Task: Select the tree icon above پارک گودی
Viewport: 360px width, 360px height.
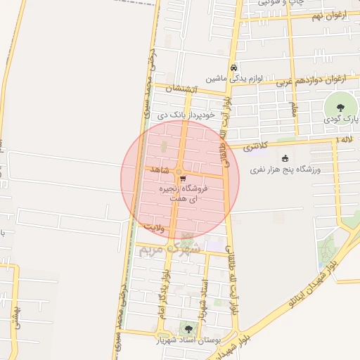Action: tap(341, 108)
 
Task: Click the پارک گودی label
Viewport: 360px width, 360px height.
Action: tap(341, 120)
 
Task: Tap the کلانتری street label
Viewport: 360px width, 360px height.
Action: tap(257, 147)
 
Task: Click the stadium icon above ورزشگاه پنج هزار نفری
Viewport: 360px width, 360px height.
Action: tap(285, 157)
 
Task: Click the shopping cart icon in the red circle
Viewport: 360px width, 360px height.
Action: tap(183, 179)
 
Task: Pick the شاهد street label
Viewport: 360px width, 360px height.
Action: tap(160, 171)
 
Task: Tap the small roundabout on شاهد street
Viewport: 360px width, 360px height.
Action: tap(179, 172)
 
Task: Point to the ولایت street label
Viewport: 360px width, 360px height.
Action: tap(154, 227)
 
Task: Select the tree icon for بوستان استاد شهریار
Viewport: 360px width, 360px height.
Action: tap(188, 328)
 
